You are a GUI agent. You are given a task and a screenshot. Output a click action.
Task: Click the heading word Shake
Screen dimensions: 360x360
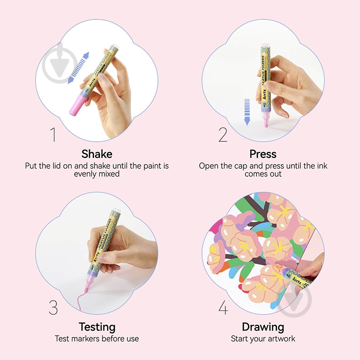[97, 154]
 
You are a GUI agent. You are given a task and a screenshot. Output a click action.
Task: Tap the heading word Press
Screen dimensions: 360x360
[263, 154]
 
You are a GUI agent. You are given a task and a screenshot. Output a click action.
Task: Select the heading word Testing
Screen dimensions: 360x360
[97, 327]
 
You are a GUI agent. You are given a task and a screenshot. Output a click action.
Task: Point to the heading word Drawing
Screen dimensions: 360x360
[263, 327]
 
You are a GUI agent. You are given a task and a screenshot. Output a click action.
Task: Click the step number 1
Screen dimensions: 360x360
[53, 135]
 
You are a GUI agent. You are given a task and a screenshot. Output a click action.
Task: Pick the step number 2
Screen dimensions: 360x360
[223, 135]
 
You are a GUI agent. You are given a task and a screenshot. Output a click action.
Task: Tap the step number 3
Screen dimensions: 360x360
[53, 307]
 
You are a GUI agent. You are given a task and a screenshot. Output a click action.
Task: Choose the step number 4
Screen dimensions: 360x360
[223, 307]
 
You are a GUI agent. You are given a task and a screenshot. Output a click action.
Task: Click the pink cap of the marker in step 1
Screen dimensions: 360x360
[77, 105]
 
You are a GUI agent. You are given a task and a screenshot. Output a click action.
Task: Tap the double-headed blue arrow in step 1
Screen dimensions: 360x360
[78, 68]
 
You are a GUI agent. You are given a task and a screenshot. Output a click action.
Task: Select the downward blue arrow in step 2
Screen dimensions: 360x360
[247, 112]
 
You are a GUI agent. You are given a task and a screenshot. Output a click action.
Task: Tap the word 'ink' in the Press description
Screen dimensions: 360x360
[322, 166]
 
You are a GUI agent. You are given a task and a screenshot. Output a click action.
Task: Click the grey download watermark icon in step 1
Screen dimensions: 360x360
[60, 63]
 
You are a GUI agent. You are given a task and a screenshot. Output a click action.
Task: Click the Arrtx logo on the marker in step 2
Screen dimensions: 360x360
[264, 94]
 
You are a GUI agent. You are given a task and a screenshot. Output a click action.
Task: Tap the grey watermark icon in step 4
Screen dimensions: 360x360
[294, 299]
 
